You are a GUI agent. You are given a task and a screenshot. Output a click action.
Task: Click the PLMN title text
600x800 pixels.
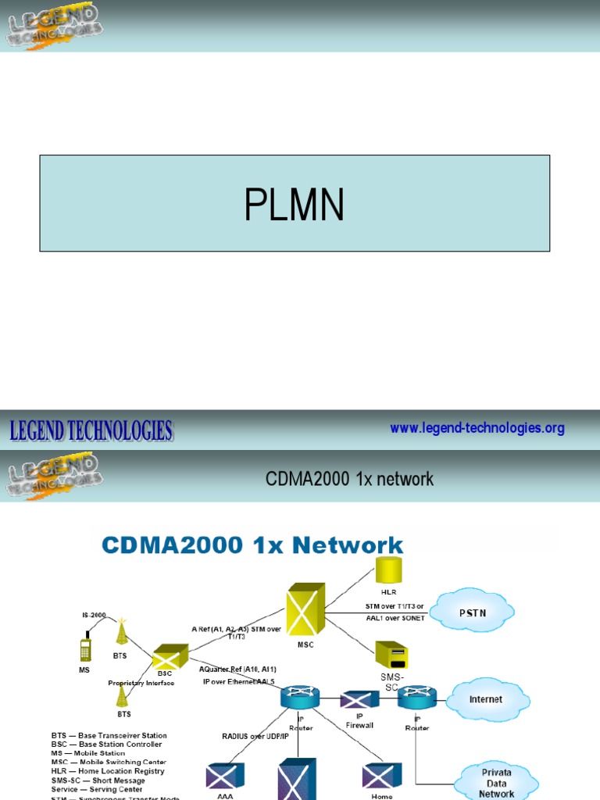pyautogui.click(x=294, y=205)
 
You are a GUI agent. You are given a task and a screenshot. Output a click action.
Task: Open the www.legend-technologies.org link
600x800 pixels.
pyautogui.click(x=477, y=428)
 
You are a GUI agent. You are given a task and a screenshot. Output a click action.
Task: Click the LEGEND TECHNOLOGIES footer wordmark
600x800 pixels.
pyautogui.click(x=91, y=430)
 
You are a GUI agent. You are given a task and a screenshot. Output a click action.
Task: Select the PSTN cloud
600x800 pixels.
pyautogui.click(x=472, y=612)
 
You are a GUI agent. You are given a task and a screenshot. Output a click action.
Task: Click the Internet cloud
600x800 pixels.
pyautogui.click(x=485, y=699)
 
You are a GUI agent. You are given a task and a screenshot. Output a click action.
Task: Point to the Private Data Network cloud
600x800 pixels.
pyautogui.click(x=496, y=782)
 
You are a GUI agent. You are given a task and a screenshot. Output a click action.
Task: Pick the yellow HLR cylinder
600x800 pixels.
pyautogui.click(x=388, y=571)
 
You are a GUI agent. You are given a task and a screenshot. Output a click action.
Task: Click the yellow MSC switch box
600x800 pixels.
pyautogui.click(x=305, y=609)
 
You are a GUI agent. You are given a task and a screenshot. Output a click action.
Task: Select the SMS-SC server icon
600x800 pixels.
pyautogui.click(x=391, y=655)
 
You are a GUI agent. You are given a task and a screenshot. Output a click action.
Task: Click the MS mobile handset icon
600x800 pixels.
pyautogui.click(x=85, y=648)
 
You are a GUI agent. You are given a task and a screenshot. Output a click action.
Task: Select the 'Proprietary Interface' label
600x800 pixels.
pyautogui.click(x=141, y=682)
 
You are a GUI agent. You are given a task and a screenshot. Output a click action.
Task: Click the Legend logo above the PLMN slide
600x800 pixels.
pyautogui.click(x=53, y=26)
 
